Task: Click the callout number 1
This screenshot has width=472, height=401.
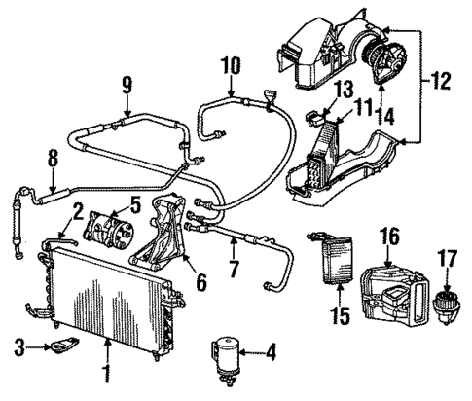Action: coord(108,372)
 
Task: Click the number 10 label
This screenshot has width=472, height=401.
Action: coord(230,67)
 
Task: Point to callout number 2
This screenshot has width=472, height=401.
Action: coord(76,207)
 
